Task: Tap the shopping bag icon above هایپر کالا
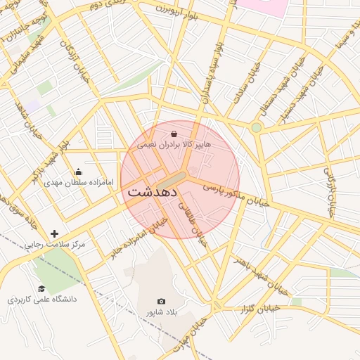(174, 132)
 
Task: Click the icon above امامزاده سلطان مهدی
(78, 172)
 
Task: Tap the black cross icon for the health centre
(55, 233)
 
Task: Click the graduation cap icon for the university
(41, 288)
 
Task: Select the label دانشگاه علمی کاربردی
(41, 299)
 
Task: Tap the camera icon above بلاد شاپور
(162, 302)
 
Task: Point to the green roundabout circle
(257, 127)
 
